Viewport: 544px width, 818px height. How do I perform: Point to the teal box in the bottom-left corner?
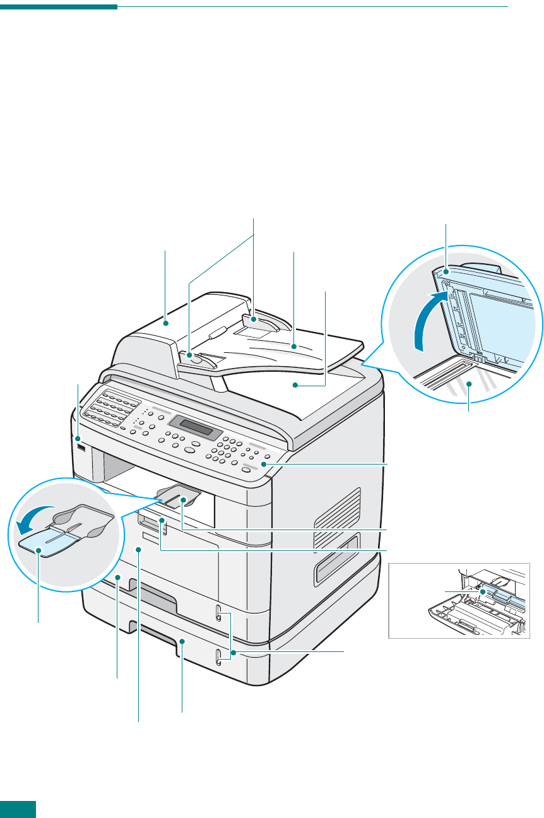pos(18,809)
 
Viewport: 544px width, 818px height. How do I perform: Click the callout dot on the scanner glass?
pos(469,383)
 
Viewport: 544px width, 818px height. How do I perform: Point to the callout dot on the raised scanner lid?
pos(446,272)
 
